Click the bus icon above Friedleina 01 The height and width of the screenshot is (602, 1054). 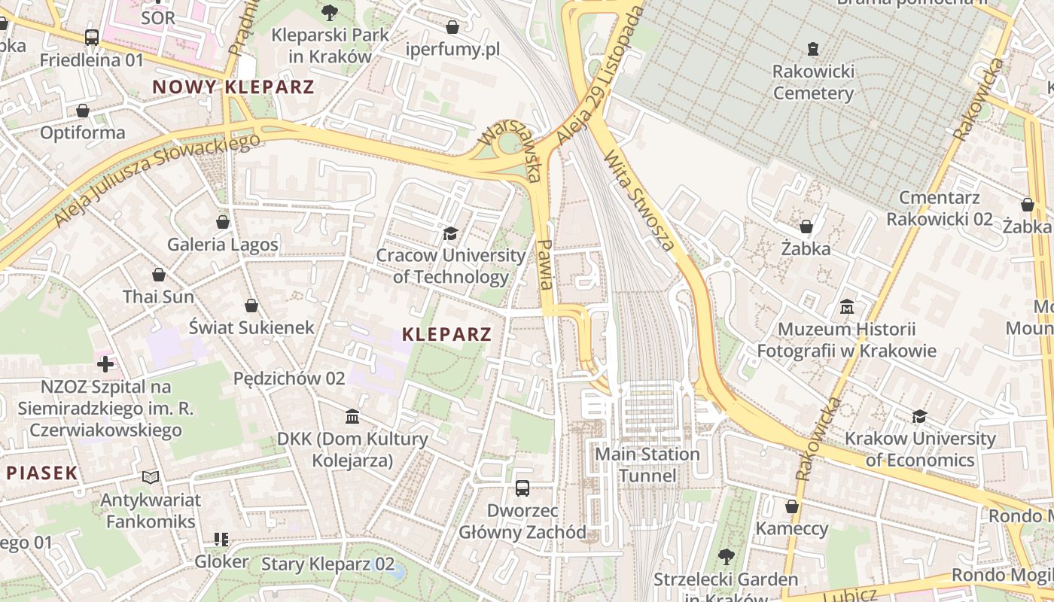click(x=92, y=37)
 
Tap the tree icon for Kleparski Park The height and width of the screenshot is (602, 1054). click(x=329, y=12)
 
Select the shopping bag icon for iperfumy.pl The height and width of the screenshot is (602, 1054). click(x=452, y=27)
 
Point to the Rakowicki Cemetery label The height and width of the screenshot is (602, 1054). click(x=813, y=83)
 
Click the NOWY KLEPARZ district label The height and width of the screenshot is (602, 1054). click(x=233, y=87)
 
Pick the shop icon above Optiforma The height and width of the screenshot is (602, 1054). click(x=83, y=111)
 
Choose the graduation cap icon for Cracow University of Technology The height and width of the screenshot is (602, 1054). click(x=450, y=234)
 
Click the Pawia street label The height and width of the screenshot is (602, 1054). click(x=547, y=264)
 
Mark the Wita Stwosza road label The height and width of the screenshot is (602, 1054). click(x=639, y=199)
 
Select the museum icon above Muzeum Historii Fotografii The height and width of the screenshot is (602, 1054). click(x=847, y=307)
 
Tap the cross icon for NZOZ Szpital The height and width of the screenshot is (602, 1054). click(x=105, y=365)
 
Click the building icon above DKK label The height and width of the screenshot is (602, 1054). click(x=352, y=417)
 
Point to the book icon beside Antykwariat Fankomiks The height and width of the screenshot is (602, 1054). click(x=151, y=477)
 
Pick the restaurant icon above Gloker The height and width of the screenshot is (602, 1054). click(x=221, y=540)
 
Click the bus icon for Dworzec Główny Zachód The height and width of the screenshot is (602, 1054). click(x=522, y=488)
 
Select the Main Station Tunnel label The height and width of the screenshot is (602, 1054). click(x=647, y=465)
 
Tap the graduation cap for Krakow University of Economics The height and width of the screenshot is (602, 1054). click(x=919, y=416)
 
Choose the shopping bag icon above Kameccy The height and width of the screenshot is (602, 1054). click(x=791, y=506)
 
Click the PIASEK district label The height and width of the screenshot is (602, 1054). click(x=42, y=473)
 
